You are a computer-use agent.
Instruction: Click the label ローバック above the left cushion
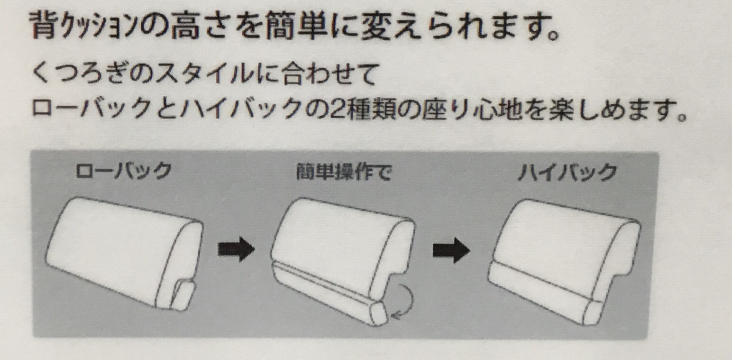pyautogui.click(x=124, y=171)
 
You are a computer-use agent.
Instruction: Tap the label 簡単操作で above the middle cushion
pyautogui.click(x=343, y=171)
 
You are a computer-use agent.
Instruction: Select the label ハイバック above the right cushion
pyautogui.click(x=567, y=172)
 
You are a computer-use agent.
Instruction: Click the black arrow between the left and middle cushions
pyautogui.click(x=236, y=249)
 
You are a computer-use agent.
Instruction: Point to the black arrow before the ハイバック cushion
pyautogui.click(x=451, y=250)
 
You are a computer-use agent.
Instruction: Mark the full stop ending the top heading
pyautogui.click(x=553, y=34)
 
